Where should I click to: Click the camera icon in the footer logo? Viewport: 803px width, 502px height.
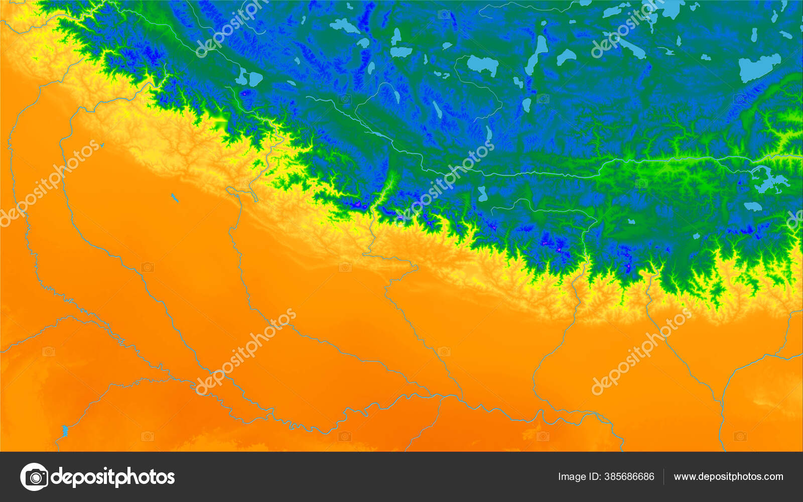coord(34,476)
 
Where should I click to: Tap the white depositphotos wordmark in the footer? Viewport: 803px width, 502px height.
coord(113,477)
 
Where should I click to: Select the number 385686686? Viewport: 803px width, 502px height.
coord(629,476)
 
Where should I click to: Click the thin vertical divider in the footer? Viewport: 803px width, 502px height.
coord(663,476)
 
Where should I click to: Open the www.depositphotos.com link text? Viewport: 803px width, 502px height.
coord(728,476)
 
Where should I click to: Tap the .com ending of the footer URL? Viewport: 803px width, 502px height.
coord(773,476)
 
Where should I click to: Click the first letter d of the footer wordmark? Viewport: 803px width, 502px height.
coord(57,476)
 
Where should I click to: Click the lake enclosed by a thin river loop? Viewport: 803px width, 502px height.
coord(482,65)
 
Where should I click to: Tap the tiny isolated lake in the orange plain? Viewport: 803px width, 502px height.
coord(174,198)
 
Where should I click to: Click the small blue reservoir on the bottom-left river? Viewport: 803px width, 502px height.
coord(65,431)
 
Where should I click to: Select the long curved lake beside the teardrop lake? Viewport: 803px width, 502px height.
coord(538,53)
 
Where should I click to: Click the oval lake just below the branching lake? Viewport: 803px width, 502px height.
coord(752,206)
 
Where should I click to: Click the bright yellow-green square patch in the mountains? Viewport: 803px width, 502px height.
coord(221,122)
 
